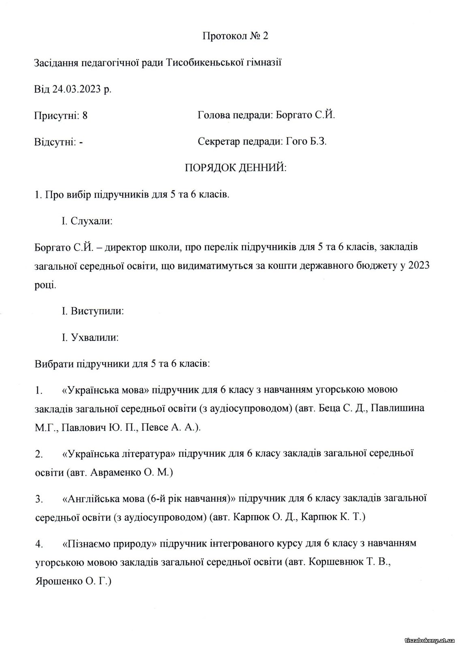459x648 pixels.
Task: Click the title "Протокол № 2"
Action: coord(235,36)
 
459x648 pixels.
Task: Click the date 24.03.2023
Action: coord(76,89)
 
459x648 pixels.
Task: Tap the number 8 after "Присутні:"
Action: coord(85,116)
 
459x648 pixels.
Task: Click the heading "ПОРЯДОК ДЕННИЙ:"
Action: coord(235,168)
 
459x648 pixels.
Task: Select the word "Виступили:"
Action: coord(97,311)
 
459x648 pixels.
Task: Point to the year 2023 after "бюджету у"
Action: coord(419,266)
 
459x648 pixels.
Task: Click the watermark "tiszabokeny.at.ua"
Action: coord(429,629)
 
